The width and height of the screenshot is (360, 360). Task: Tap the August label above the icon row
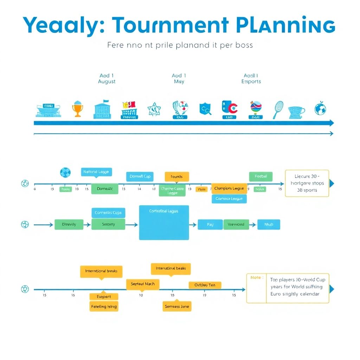pyautogui.click(x=107, y=82)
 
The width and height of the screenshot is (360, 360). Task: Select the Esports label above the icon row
pyautogui.click(x=251, y=82)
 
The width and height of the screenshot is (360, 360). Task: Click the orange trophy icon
pyautogui.click(x=77, y=109)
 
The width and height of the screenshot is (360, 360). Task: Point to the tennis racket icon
pyautogui.click(x=278, y=109)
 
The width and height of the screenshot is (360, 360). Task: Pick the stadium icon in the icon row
pyautogui.click(x=48, y=110)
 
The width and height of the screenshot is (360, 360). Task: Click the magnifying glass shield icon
pyautogui.click(x=205, y=109)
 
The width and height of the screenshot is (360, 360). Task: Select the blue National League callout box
pyautogui.click(x=96, y=172)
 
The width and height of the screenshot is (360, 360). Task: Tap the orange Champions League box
pyautogui.click(x=229, y=188)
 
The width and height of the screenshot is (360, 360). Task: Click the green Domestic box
pyautogui.click(x=105, y=189)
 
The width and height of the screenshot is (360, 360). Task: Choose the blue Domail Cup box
pyautogui.click(x=140, y=176)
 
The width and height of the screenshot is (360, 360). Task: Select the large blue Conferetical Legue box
pyautogui.click(x=164, y=223)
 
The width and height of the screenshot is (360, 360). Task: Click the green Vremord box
pyautogui.click(x=236, y=224)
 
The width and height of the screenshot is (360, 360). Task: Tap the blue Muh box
pyautogui.click(x=269, y=224)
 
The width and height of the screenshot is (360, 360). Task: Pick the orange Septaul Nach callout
pyautogui.click(x=142, y=284)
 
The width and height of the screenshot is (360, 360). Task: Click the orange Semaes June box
pyautogui.click(x=177, y=307)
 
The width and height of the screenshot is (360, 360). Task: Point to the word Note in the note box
pyautogui.click(x=256, y=278)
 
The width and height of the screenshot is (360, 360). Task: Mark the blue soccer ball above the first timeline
pyautogui.click(x=65, y=172)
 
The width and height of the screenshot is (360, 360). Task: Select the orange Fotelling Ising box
pyautogui.click(x=104, y=307)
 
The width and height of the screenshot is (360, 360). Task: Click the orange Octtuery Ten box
pyautogui.click(x=205, y=285)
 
